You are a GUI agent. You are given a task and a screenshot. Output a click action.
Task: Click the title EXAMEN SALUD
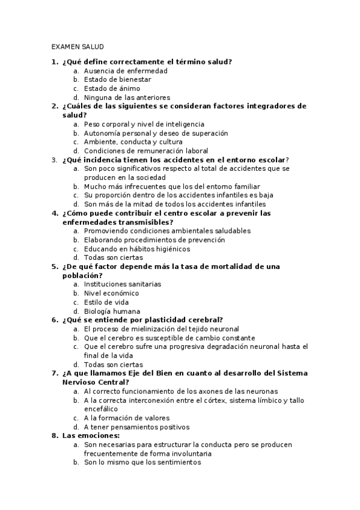point(78,46)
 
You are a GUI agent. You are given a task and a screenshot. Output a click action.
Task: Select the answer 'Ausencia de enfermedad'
point(126,70)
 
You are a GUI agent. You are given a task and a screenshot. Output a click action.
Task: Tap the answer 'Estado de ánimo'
point(112,88)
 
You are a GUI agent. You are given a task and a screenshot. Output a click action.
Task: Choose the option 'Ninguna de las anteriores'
point(127,97)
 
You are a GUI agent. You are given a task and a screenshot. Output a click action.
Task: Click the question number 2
point(54,106)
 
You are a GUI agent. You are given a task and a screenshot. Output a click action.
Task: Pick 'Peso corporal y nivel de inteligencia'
point(144,124)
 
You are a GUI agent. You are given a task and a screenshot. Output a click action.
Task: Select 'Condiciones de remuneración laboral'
point(146,151)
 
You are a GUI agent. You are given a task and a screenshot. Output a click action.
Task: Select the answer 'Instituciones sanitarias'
point(123,284)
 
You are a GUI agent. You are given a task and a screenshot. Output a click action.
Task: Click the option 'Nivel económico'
point(111,293)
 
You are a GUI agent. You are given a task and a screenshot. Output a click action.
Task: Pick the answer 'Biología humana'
point(112,312)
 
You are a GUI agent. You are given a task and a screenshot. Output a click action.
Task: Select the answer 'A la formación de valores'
point(127,418)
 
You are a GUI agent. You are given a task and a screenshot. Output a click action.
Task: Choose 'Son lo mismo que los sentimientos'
point(142,462)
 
